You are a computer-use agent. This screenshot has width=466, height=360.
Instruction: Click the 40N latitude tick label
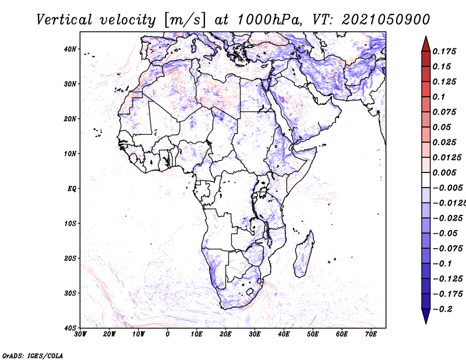pyautogui.click(x=70, y=49)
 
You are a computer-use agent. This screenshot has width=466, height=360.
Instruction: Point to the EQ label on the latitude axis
pyautogui.click(x=72, y=189)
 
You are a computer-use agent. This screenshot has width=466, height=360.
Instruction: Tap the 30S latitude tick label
pyautogui.click(x=70, y=294)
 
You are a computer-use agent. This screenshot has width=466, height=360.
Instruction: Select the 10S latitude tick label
pyautogui.click(x=70, y=224)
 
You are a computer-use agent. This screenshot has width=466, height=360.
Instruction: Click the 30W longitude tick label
pyautogui.click(x=80, y=334)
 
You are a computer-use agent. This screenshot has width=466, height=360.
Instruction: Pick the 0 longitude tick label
pyautogui.click(x=168, y=334)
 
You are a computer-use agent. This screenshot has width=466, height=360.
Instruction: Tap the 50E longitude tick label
pyautogui.click(x=313, y=334)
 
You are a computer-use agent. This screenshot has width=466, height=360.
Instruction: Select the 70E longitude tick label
pyautogui.click(x=370, y=334)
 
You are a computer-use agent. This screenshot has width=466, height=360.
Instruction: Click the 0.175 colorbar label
pyautogui.click(x=444, y=51)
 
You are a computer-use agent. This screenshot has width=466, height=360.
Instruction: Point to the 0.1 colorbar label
pyautogui.click(x=439, y=97)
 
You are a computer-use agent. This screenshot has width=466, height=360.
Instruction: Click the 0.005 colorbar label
pyautogui.click(x=444, y=172)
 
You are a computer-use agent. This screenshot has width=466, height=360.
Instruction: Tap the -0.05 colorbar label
pyautogui.click(x=447, y=234)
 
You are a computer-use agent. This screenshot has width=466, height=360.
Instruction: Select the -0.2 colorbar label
pyautogui.click(x=442, y=309)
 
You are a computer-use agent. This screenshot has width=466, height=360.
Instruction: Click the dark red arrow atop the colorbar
pyautogui.click(x=426, y=44)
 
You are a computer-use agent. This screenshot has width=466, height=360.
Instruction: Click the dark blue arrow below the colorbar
pyautogui.click(x=426, y=316)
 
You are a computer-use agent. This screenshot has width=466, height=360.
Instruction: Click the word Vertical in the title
pyautogui.click(x=64, y=20)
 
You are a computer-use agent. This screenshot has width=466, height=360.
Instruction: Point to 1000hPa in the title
pyautogui.click(x=270, y=20)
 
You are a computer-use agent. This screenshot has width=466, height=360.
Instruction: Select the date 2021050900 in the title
pyautogui.click(x=386, y=20)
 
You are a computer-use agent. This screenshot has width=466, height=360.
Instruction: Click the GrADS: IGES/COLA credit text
pyautogui.click(x=33, y=355)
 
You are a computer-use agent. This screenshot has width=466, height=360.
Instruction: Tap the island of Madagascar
pyautogui.click(x=303, y=256)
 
